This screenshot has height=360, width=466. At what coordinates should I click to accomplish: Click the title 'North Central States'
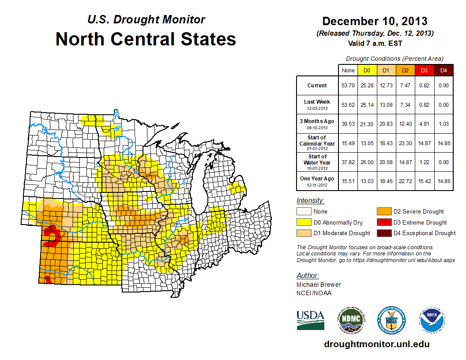pyautogui.click(x=146, y=39)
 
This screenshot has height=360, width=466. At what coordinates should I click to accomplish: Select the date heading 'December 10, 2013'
pyautogui.click(x=375, y=21)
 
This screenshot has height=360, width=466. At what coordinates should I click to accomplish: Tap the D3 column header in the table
pyautogui.click(x=424, y=70)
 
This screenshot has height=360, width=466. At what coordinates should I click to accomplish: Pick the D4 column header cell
pyautogui.click(x=443, y=70)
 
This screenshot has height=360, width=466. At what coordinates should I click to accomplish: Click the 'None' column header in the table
pyautogui.click(x=348, y=70)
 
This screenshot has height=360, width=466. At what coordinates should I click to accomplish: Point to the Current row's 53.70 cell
pyautogui.click(x=348, y=86)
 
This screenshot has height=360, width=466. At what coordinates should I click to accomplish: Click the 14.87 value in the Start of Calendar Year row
pyautogui.click(x=424, y=143)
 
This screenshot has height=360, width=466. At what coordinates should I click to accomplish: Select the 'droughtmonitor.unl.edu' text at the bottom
pyautogui.click(x=376, y=344)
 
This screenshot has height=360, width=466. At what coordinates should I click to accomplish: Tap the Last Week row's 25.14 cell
pyautogui.click(x=367, y=105)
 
